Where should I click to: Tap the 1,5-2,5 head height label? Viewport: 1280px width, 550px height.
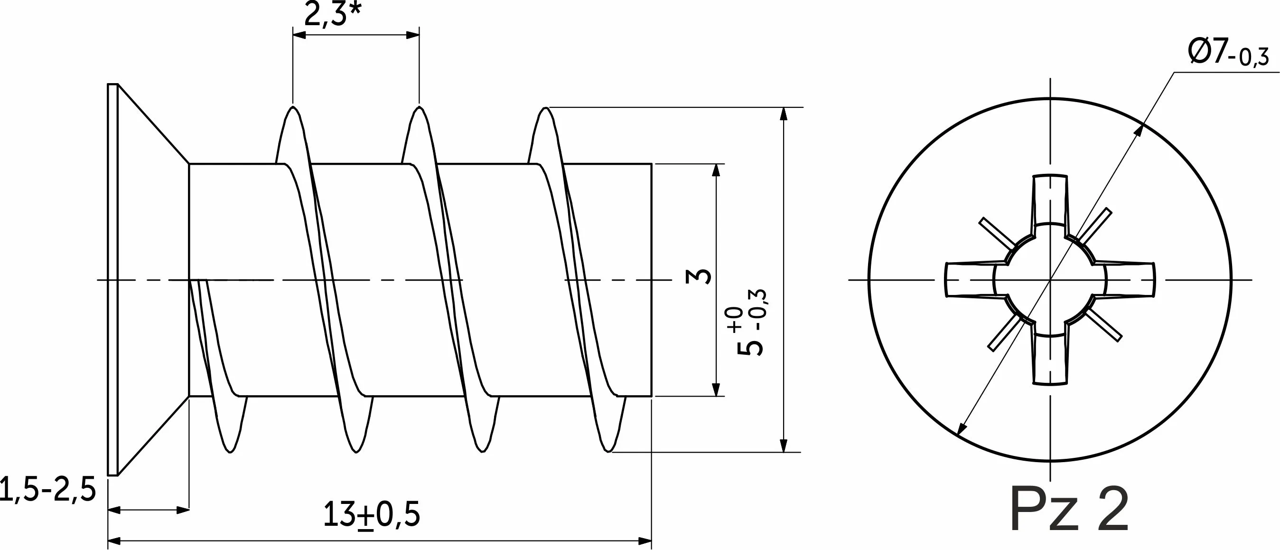48,489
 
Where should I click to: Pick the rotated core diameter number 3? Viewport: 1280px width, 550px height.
698,276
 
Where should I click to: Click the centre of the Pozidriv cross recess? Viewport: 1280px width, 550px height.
1050,280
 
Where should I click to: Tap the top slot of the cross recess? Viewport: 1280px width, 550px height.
1050,199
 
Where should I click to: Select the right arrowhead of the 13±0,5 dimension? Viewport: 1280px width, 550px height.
645,541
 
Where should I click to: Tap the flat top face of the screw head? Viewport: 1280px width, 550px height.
113,279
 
